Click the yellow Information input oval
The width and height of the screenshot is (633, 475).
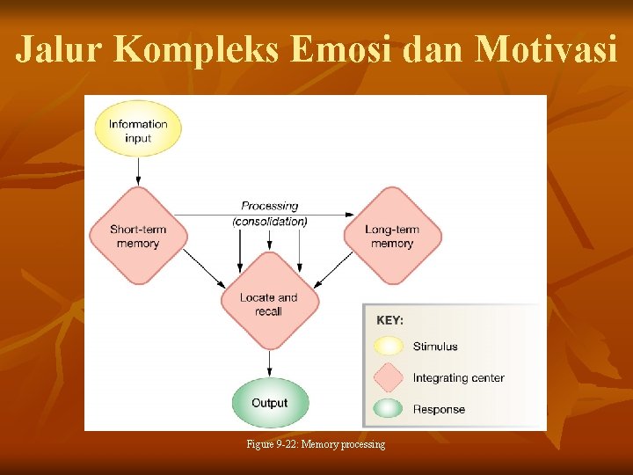click(137, 131)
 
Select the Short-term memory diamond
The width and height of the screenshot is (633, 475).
click(137, 237)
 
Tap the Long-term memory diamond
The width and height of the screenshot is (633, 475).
click(392, 237)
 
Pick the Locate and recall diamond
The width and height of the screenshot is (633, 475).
click(269, 303)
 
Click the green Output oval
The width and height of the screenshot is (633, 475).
click(270, 403)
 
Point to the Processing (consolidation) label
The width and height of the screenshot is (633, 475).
click(270, 214)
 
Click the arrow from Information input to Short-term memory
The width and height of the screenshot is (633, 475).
click(138, 171)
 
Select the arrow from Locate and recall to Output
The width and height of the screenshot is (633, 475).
click(270, 362)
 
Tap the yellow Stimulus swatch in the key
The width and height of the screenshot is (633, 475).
click(388, 347)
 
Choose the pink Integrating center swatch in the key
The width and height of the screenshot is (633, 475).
click(388, 378)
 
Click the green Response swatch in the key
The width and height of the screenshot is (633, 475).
click(388, 409)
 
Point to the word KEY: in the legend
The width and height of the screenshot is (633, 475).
click(390, 320)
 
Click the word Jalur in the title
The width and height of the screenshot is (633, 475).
click(59, 50)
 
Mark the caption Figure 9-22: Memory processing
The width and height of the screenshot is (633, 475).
click(316, 445)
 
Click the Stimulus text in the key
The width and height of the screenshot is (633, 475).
click(435, 347)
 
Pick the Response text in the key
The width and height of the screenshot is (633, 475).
click(439, 409)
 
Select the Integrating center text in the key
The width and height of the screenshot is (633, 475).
click(458, 378)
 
